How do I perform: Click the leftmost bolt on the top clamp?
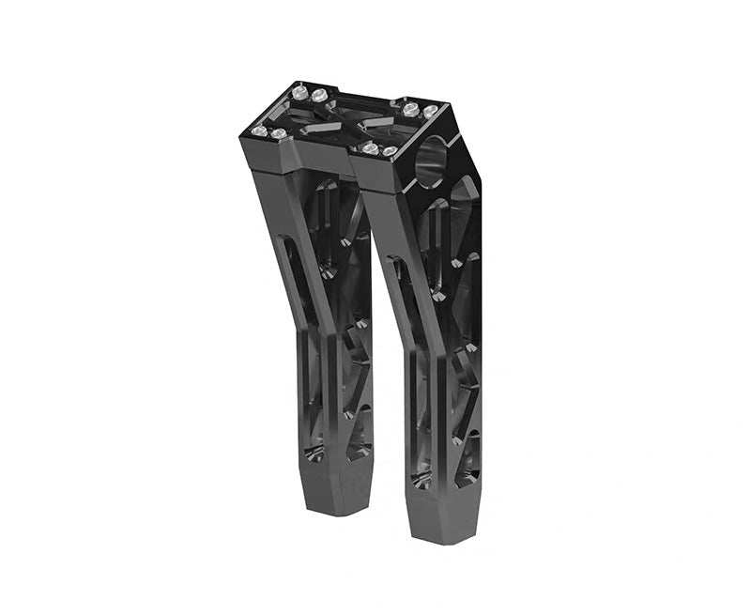258,130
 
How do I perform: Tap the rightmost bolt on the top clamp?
430,112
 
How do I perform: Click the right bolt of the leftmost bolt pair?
279,134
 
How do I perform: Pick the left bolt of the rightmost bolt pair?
370,148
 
